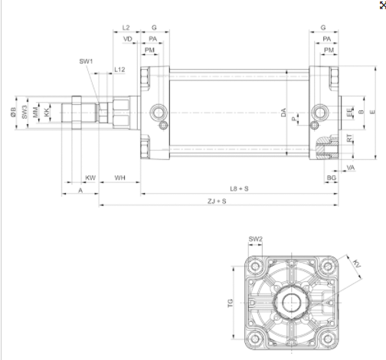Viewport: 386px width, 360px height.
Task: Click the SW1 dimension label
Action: coord(86,61)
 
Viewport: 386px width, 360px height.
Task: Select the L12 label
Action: coord(119,70)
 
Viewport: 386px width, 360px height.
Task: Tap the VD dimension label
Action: coord(128,39)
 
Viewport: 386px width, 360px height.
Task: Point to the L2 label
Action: coord(126,28)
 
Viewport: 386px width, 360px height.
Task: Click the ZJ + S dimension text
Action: coord(217,201)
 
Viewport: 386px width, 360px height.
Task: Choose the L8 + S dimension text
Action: coord(239,188)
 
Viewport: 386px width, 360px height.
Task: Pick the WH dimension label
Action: coord(119,178)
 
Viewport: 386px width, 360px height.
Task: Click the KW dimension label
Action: coord(90,178)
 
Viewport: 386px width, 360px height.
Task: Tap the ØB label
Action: coord(13,112)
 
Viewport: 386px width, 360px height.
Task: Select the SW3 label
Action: coord(25,112)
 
